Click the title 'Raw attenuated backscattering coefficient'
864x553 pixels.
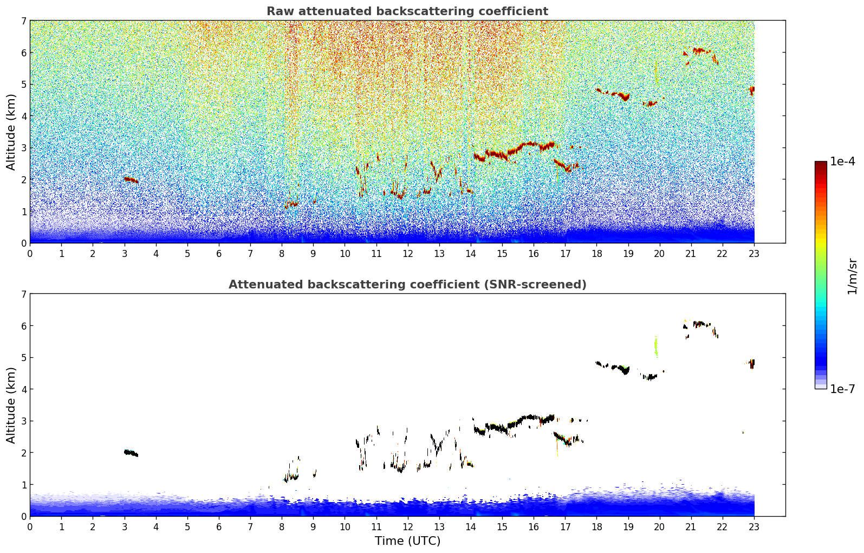tap(407, 11)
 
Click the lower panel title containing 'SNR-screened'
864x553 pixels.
tap(407, 285)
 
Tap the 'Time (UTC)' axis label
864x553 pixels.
tap(407, 541)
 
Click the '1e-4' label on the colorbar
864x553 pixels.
tap(842, 162)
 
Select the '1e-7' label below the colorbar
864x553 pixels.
tap(842, 389)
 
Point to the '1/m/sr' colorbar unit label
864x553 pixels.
tap(852, 276)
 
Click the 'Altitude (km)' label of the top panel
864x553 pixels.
tap(11, 132)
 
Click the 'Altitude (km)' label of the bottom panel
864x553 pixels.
tap(11, 405)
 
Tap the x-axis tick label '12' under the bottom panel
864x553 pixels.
tap(407, 527)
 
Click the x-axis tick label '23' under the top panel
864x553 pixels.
tap(754, 254)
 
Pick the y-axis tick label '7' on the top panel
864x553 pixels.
tap(23, 21)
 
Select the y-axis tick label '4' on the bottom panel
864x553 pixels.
tap(23, 389)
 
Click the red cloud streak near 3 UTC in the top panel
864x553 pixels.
tap(131, 179)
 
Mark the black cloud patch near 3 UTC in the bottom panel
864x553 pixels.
tap(131, 453)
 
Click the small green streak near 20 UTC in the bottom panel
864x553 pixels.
tap(656, 346)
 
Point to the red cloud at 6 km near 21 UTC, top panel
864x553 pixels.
tap(699, 51)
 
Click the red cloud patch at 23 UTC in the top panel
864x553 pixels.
tap(752, 89)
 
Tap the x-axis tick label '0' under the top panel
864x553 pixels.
tap(30, 254)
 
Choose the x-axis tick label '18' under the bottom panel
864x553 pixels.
tap(596, 527)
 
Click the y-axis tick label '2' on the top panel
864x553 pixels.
tap(23, 179)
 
